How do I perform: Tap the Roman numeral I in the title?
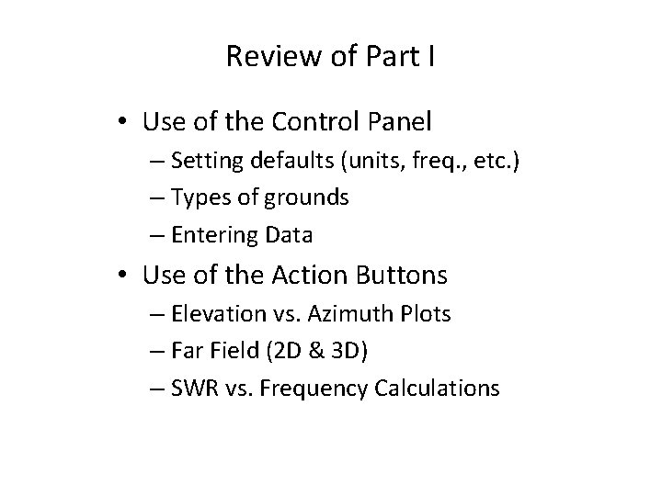430,58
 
